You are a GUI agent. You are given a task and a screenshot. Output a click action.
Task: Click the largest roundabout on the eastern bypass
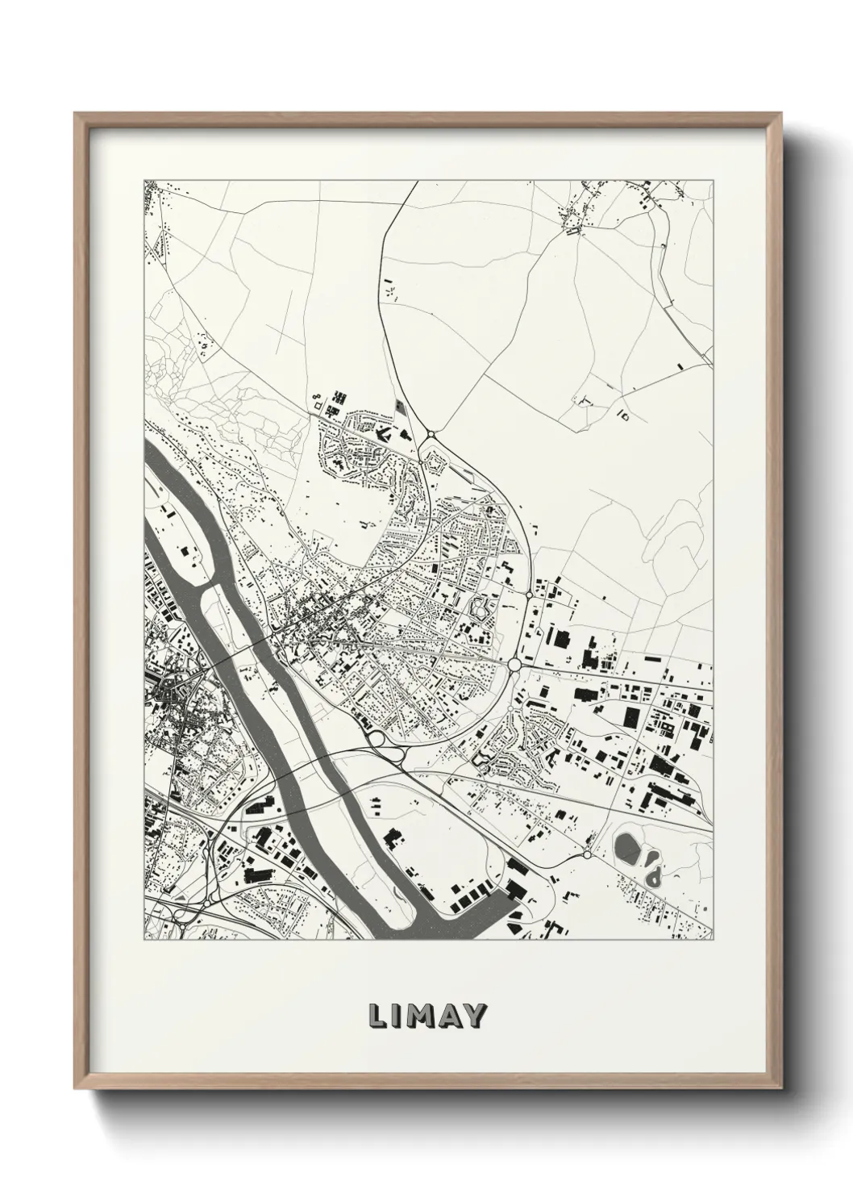(514, 665)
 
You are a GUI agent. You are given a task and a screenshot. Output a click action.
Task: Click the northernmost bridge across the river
(242, 645)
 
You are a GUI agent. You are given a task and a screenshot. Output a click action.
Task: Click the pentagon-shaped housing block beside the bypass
(435, 462)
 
